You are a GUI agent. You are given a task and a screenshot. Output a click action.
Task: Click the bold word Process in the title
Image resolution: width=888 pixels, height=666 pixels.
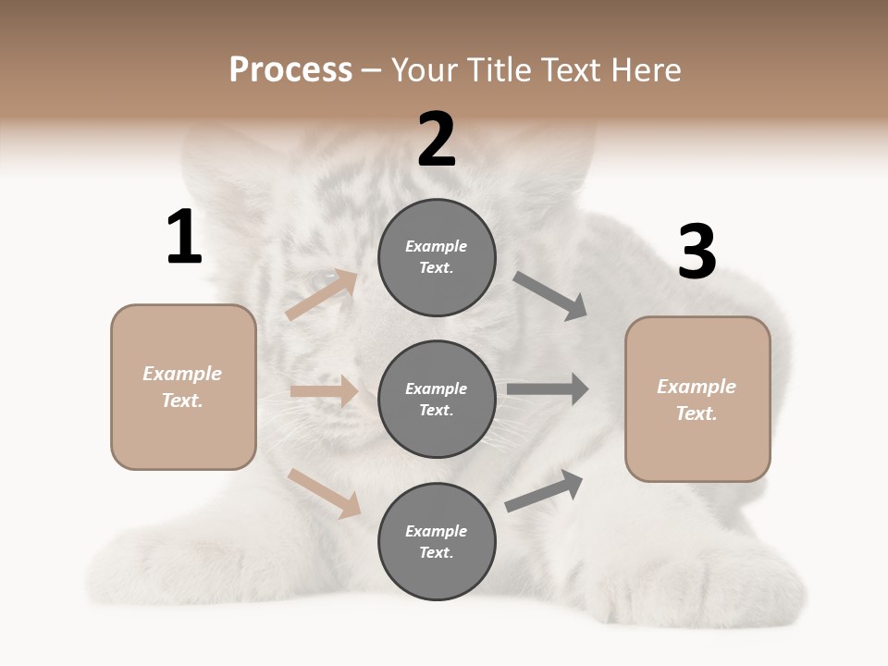coord(290,70)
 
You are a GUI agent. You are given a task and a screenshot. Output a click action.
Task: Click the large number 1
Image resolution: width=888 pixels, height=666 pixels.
coord(184,238)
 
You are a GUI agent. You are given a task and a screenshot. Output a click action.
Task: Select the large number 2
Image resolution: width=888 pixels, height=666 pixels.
coord(437,140)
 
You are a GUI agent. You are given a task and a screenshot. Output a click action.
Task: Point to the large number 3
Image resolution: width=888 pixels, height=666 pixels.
coord(697,252)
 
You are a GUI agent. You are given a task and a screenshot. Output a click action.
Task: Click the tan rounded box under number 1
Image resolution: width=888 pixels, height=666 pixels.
coord(183,387)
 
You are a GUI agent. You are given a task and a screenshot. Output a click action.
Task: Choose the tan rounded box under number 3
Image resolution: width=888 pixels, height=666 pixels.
coord(697,400)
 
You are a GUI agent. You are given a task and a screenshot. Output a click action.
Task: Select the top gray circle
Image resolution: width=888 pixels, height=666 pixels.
coord(437,257)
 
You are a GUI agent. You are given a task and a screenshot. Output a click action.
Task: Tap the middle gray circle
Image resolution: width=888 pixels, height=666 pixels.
coord(437,399)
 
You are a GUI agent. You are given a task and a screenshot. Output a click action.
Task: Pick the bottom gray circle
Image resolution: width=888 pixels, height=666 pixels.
coord(437,541)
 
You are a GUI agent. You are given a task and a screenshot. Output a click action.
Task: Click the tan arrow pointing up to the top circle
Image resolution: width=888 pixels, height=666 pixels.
coord(321,295)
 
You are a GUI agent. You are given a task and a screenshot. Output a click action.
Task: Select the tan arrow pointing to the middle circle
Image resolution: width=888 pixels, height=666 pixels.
coord(324,391)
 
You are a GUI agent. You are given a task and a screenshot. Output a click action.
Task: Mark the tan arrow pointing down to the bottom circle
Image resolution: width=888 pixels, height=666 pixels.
coord(324,492)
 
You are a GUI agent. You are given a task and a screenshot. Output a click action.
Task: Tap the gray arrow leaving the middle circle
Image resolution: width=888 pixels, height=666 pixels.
coord(548,389)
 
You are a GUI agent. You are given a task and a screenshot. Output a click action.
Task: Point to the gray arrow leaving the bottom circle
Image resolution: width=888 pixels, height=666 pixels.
coord(544,490)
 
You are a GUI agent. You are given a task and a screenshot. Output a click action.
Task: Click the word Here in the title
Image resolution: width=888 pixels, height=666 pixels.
coord(642,70)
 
